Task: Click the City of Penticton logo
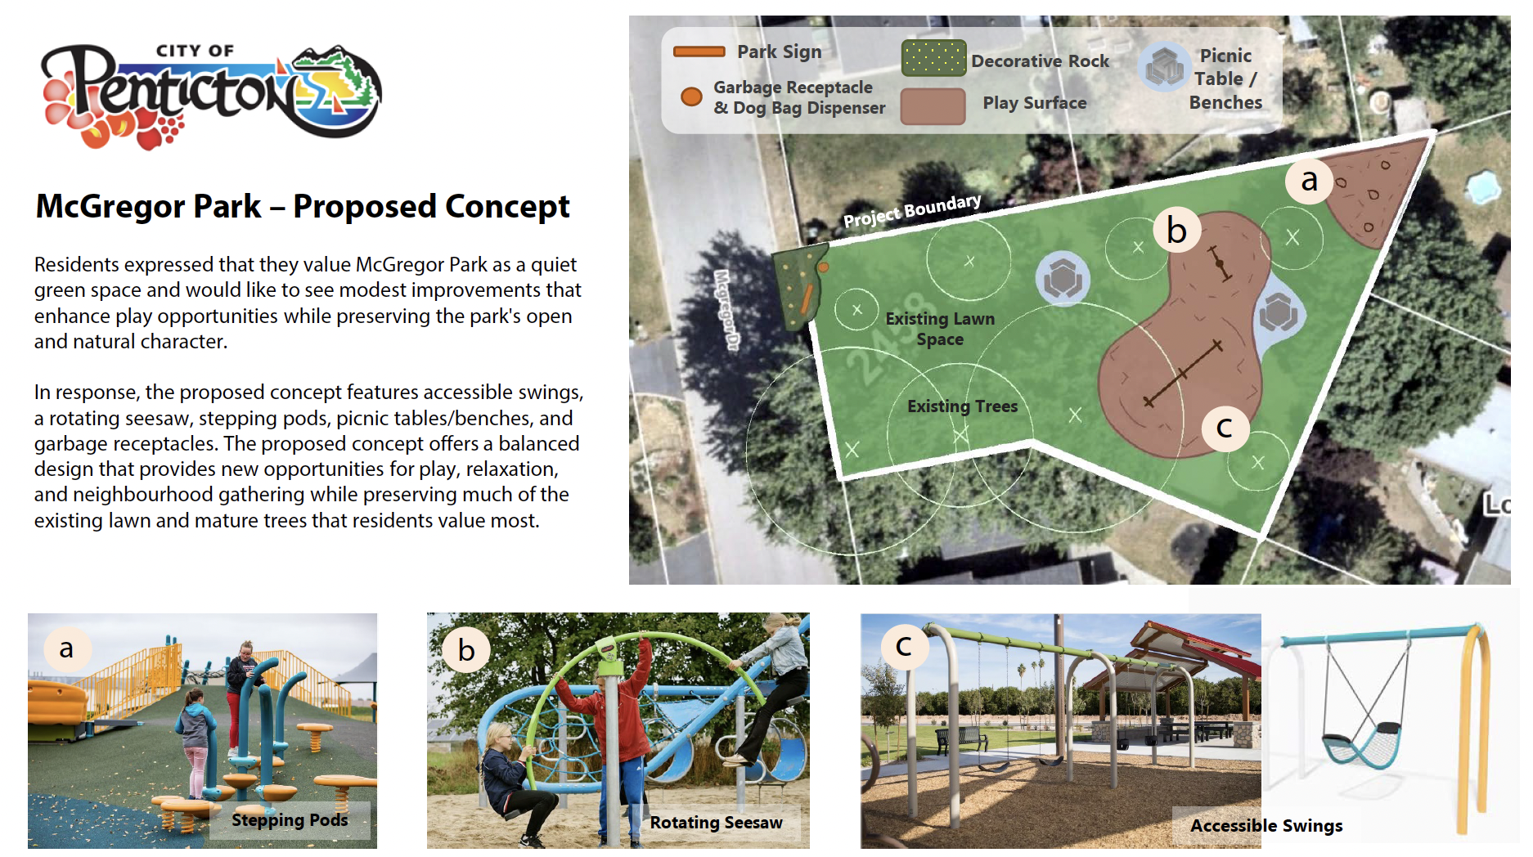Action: [x=211, y=96]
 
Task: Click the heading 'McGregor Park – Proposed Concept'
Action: [x=303, y=207]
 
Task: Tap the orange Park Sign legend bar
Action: [x=699, y=52]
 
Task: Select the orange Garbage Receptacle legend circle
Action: [x=691, y=96]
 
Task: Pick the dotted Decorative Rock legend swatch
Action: [x=933, y=58]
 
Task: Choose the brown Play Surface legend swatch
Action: [x=933, y=106]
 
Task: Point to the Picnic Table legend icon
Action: [x=1164, y=67]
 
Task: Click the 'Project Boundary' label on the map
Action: [x=912, y=211]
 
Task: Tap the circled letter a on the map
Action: [x=1309, y=180]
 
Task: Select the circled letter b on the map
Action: [x=1176, y=231]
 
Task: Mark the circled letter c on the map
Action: [x=1225, y=427]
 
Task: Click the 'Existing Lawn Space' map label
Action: [x=940, y=329]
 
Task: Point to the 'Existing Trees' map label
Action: [x=962, y=406]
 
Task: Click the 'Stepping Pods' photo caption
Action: [x=290, y=820]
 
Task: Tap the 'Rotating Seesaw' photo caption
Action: [x=716, y=823]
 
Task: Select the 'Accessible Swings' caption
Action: [x=1266, y=826]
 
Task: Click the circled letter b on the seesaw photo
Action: [x=466, y=650]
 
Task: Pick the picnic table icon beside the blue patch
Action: [x=1278, y=312]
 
